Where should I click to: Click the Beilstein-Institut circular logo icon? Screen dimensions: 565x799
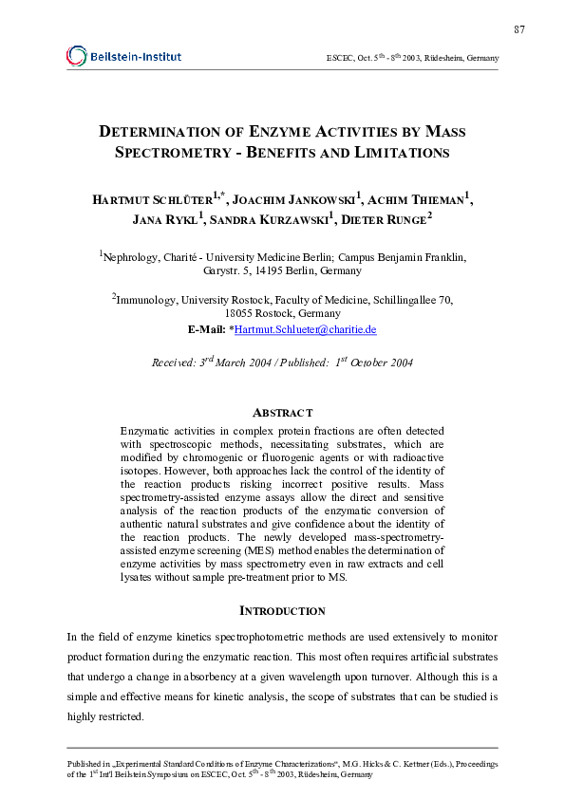pyautogui.click(x=76, y=56)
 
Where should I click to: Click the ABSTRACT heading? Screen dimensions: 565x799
pyautogui.click(x=282, y=413)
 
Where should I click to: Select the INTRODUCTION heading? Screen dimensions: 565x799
pyautogui.click(x=282, y=611)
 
